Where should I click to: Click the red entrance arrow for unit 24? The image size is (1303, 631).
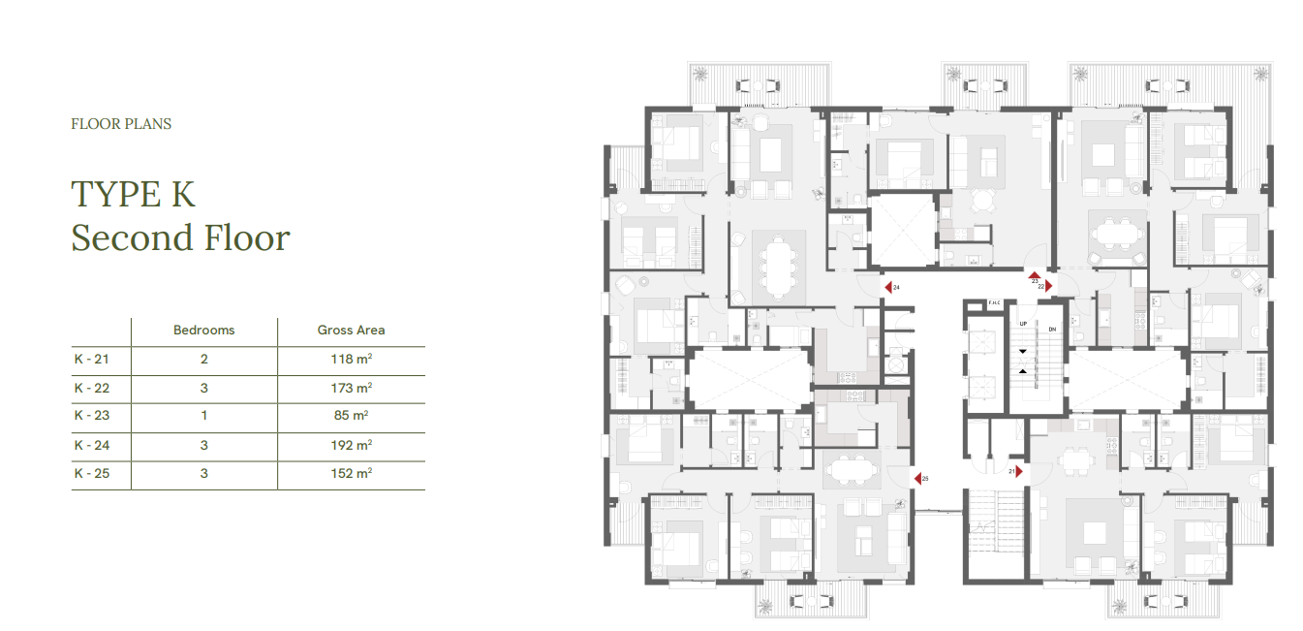(x=888, y=287)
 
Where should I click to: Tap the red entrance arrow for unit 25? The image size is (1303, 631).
(x=917, y=479)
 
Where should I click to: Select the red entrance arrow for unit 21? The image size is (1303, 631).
(x=1018, y=471)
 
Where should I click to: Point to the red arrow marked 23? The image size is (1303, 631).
(x=1035, y=274)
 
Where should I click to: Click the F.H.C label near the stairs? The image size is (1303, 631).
(x=994, y=302)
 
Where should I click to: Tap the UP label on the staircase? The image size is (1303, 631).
(x=1023, y=324)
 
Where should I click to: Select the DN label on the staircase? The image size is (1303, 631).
(x=1052, y=330)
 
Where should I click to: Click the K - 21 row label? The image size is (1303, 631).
(x=91, y=360)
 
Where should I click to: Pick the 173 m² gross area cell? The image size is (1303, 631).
(x=352, y=388)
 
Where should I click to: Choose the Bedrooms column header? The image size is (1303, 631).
(x=204, y=331)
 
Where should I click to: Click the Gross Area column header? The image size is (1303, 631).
(x=351, y=331)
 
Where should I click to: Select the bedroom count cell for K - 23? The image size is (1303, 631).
(x=204, y=416)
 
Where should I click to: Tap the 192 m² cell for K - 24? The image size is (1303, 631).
(x=352, y=445)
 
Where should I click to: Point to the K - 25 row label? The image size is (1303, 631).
(x=91, y=473)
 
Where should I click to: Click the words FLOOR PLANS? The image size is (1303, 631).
(x=121, y=124)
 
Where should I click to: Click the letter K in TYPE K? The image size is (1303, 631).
(x=183, y=195)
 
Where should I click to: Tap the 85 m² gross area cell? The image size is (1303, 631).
(x=351, y=416)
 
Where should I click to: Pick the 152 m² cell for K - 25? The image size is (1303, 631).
(x=352, y=473)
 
